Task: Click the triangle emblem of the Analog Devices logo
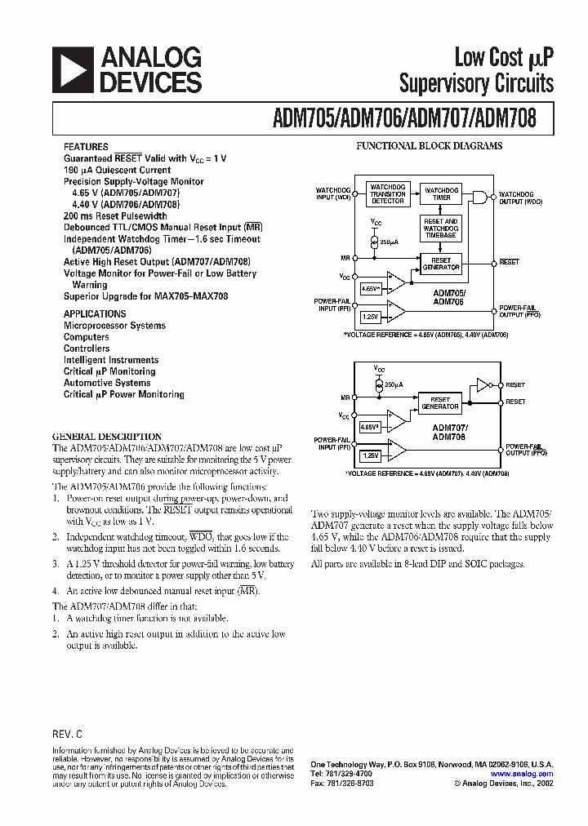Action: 72,69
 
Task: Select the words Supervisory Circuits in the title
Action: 476,83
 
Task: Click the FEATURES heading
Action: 86,147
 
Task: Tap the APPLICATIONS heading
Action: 95,313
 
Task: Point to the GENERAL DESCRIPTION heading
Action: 107,436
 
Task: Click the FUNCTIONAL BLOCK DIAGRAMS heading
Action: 429,146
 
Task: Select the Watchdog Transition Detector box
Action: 387,193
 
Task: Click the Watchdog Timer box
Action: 441,193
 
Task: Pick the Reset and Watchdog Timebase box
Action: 441,229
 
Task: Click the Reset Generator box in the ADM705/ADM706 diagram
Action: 441,264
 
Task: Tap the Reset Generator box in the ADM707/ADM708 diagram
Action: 439,403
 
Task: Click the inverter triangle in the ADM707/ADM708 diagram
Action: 482,384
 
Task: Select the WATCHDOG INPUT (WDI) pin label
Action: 333,193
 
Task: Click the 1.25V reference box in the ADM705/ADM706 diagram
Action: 370,315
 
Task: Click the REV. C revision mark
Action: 68,735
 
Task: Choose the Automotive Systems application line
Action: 107,383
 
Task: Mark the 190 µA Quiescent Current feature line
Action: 118,170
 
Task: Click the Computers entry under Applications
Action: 87,337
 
